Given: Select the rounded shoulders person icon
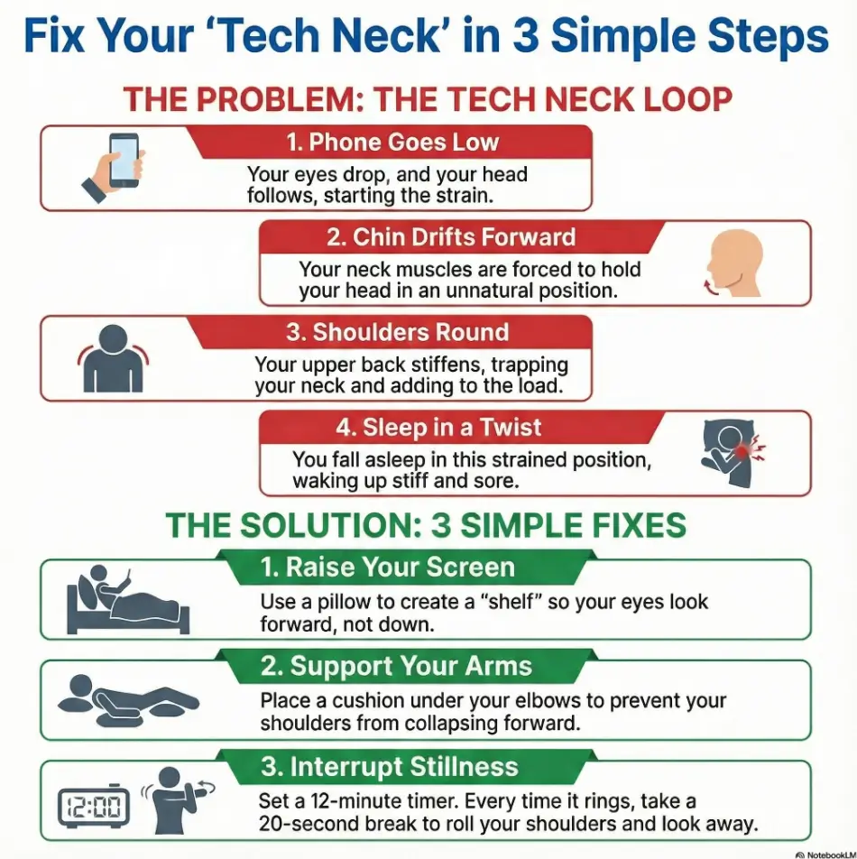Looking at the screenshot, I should [112, 358].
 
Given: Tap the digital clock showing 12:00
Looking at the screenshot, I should [94, 805].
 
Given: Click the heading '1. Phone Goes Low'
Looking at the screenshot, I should [391, 143].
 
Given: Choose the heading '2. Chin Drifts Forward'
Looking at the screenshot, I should [450, 237].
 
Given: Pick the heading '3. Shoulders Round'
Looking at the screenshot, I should [398, 332].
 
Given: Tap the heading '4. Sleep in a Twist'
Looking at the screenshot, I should [439, 427].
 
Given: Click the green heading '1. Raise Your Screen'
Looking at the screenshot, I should [388, 568].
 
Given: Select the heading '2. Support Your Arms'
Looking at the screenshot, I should [396, 667].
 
